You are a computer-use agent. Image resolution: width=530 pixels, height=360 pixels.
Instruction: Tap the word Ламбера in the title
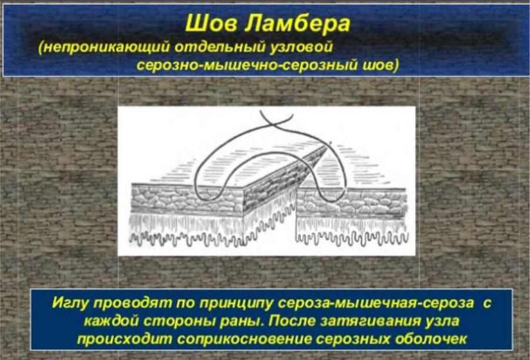tap(297, 24)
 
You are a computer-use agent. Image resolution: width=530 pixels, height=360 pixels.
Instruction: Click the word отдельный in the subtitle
tap(220, 47)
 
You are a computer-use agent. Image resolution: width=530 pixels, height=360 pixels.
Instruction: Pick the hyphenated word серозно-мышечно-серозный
tap(247, 65)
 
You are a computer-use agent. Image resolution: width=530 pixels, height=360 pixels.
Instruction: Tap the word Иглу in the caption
tap(71, 303)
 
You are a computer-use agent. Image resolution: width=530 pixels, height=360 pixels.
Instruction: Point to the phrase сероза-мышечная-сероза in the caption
tap(375, 303)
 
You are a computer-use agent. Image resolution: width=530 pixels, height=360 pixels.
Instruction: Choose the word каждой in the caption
tap(111, 321)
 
